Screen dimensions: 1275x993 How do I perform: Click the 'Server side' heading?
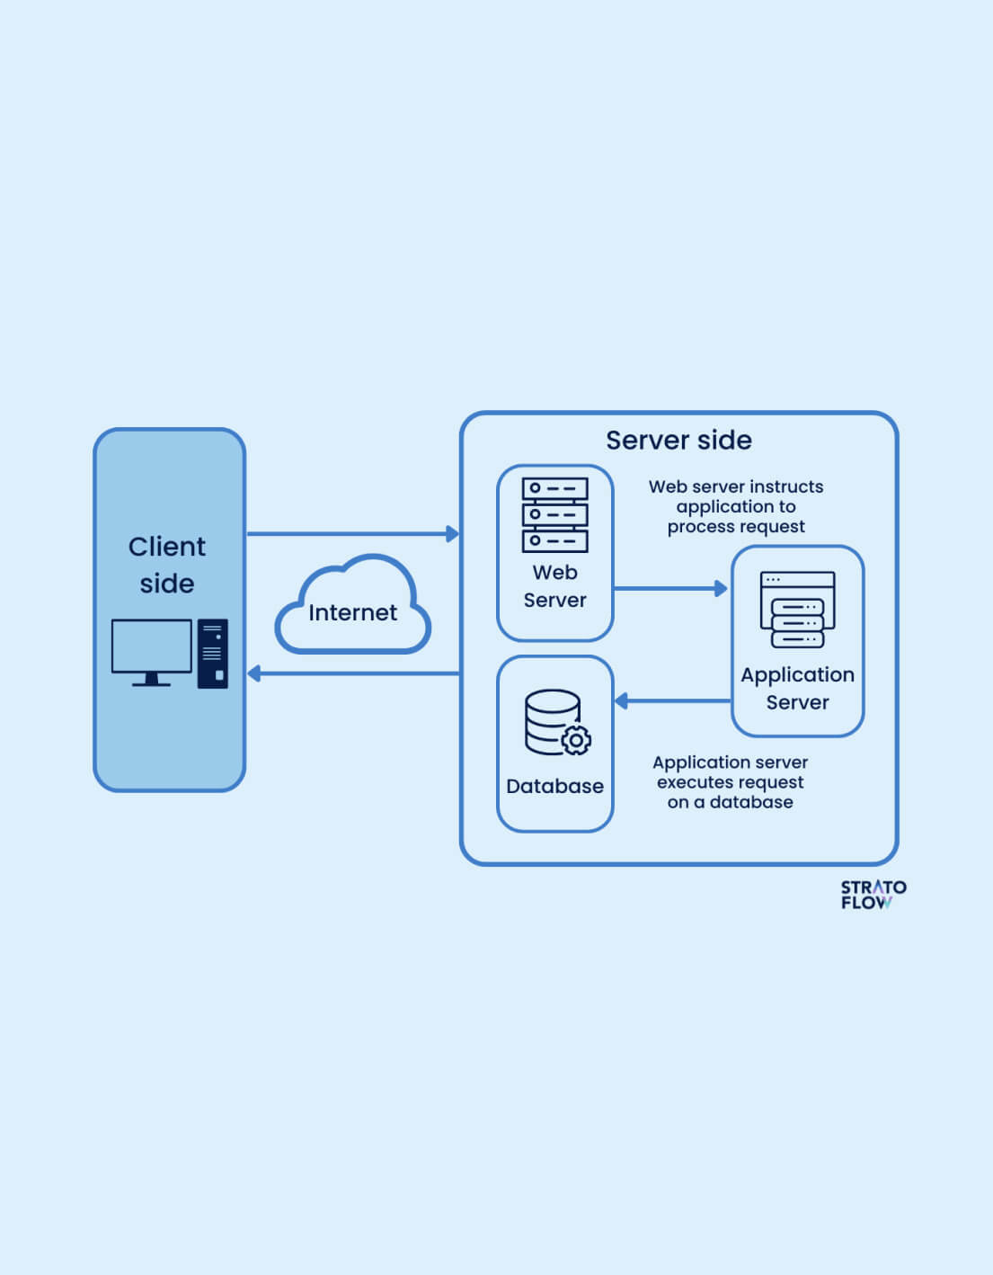click(678, 440)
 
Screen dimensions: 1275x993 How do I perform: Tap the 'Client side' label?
click(167, 565)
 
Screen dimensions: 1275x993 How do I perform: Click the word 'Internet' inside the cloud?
click(352, 612)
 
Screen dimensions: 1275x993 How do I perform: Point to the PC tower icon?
click(213, 654)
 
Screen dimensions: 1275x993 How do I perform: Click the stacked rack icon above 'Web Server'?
click(554, 514)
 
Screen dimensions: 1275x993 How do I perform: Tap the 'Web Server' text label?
click(554, 586)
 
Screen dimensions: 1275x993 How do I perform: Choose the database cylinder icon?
click(551, 720)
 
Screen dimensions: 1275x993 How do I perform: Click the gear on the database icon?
click(576, 740)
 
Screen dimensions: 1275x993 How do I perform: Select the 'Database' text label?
click(554, 786)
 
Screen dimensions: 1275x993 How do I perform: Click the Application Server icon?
click(797, 610)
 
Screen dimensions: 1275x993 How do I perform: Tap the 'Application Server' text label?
click(797, 688)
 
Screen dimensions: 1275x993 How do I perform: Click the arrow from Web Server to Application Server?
click(670, 589)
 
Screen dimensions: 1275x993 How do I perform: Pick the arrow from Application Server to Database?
click(672, 700)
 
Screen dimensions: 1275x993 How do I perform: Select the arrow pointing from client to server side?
click(352, 534)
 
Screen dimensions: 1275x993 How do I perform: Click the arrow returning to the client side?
click(352, 673)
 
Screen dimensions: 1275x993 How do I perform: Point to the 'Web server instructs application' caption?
click(736, 506)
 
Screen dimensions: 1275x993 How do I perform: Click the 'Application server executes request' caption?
click(730, 782)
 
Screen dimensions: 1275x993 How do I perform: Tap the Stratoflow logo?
click(873, 895)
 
